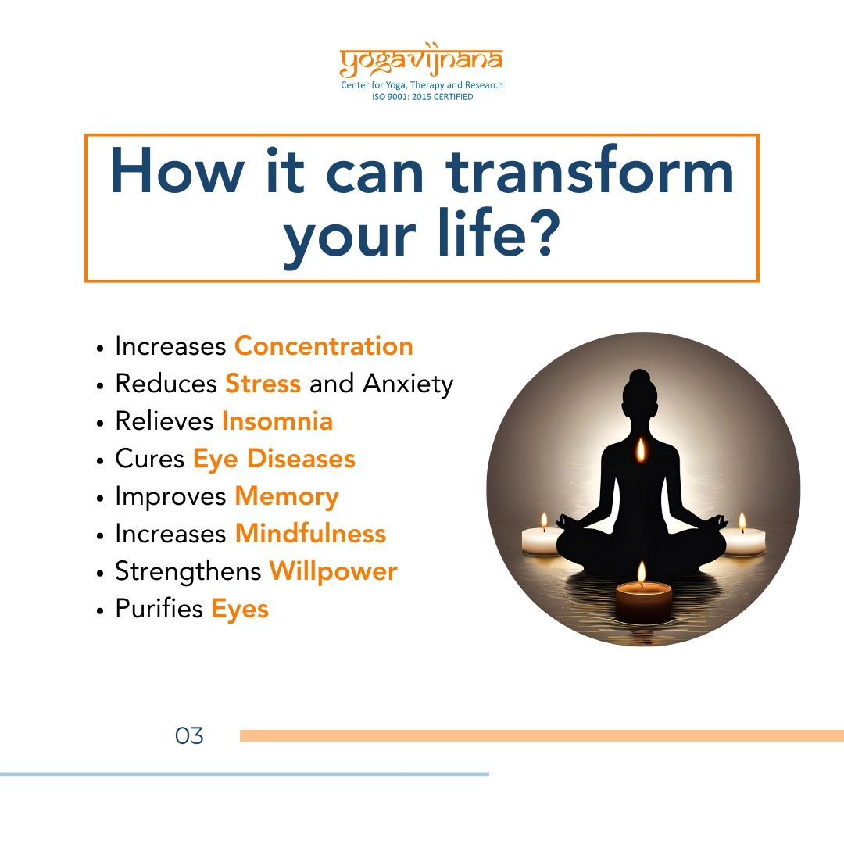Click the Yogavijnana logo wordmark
(421, 59)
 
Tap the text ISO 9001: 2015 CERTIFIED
(423, 97)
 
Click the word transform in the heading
(590, 170)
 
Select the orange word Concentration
(324, 345)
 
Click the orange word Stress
(263, 383)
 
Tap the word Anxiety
(408, 384)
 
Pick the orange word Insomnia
(277, 421)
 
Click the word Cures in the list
(149, 459)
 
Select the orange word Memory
(287, 497)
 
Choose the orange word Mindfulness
(310, 534)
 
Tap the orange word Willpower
(333, 571)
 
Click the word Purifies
(159, 609)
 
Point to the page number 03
(189, 736)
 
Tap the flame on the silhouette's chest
(641, 450)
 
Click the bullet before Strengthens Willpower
(99, 574)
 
